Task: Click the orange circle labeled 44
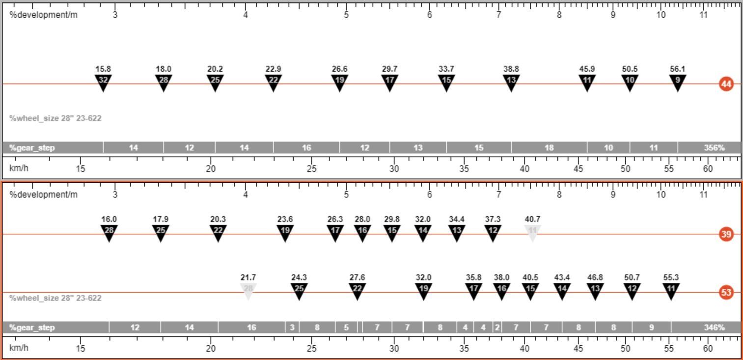tap(726, 84)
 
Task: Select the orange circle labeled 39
tap(726, 234)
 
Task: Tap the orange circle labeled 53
tap(726, 292)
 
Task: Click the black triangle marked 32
tap(103, 83)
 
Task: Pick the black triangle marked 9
tap(677, 83)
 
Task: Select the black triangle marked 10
tap(630, 83)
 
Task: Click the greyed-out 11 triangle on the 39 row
tap(532, 233)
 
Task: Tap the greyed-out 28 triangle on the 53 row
tap(248, 291)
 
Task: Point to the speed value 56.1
tap(677, 69)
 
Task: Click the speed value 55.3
tap(671, 277)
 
